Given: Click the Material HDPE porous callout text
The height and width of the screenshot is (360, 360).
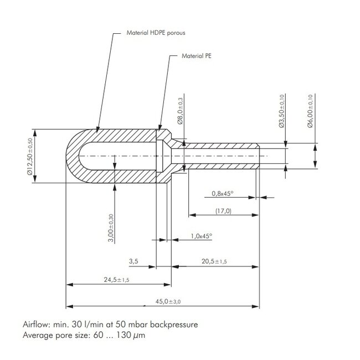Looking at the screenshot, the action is [x=156, y=33].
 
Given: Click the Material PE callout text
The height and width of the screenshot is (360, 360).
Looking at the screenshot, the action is [x=196, y=56].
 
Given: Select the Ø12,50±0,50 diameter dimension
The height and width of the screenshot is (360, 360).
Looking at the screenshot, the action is [x=30, y=156].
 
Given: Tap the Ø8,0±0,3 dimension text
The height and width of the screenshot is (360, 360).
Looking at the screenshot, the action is [x=180, y=111].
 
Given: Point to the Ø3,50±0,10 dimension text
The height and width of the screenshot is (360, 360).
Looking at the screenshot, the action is [x=281, y=111].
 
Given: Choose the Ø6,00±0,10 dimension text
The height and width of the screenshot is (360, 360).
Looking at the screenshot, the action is [x=310, y=111].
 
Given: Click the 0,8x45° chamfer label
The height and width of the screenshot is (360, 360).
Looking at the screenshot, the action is [x=222, y=193].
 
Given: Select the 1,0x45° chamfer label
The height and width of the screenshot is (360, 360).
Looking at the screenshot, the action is [x=202, y=236].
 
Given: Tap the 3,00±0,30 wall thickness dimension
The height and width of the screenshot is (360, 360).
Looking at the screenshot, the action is [x=111, y=228].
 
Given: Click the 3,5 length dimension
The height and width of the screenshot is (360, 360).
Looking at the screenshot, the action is [x=133, y=261].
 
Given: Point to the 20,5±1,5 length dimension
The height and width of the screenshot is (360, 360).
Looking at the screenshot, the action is [x=214, y=261].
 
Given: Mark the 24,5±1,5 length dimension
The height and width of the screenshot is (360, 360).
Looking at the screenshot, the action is [x=116, y=280].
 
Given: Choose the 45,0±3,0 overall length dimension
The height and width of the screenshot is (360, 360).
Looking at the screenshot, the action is [x=168, y=301].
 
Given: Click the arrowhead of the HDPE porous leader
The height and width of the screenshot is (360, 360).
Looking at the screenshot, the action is [x=97, y=130].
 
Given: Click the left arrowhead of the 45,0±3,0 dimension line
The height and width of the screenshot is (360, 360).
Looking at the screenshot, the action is [x=70, y=306].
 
